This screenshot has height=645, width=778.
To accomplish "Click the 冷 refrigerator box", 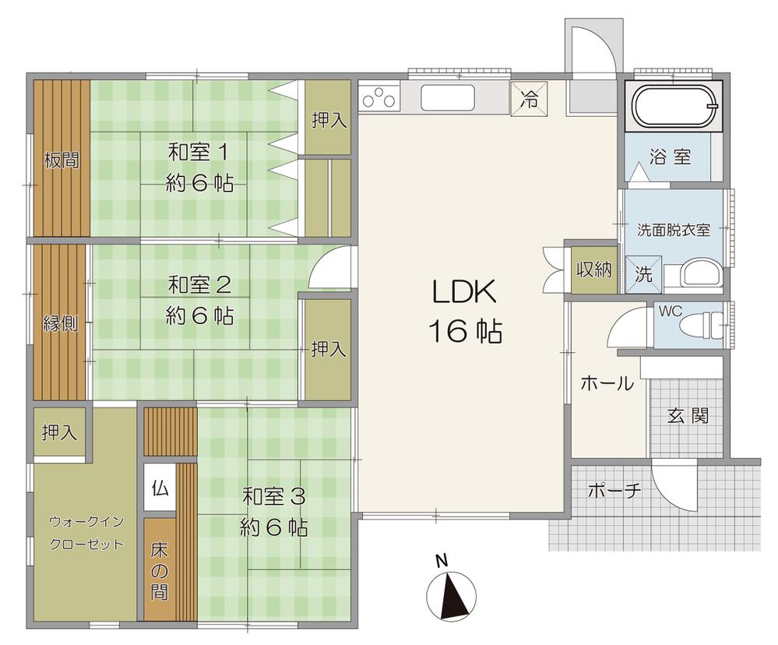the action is pyautogui.click(x=530, y=98).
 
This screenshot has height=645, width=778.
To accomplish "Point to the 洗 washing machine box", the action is pyautogui.click(x=643, y=274).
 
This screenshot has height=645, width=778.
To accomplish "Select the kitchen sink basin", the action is pyautogui.click(x=448, y=97).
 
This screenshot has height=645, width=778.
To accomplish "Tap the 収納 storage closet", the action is pyautogui.click(x=593, y=270).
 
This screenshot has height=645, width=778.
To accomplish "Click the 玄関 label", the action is pyautogui.click(x=688, y=415).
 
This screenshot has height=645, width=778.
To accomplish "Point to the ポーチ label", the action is pyautogui.click(x=614, y=492).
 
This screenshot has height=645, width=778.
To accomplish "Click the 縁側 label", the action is pyautogui.click(x=61, y=323).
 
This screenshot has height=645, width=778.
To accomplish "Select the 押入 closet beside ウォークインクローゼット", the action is pyautogui.click(x=59, y=432).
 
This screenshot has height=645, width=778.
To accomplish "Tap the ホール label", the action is pyautogui.click(x=607, y=383).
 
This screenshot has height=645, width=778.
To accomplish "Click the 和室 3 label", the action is pyautogui.click(x=274, y=496).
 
